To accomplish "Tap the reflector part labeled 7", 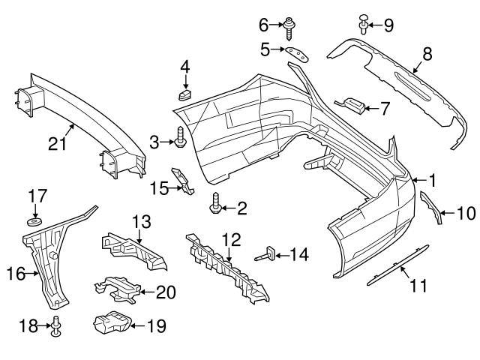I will click(352, 105).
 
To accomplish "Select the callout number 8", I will click(427, 55).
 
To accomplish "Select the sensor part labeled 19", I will click(109, 324).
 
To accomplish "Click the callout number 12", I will click(232, 241).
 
